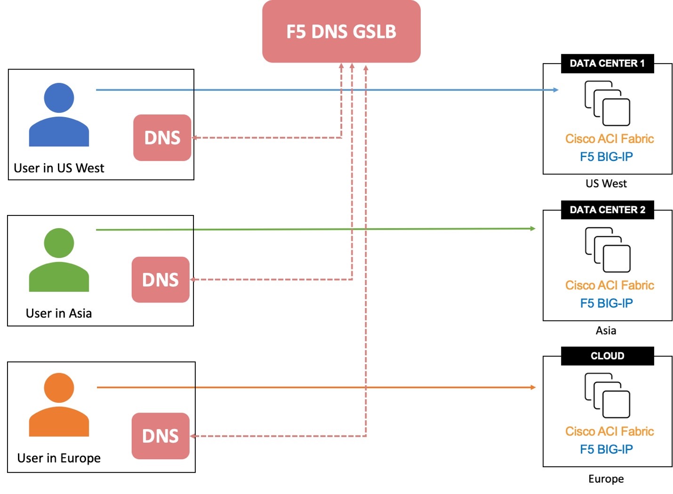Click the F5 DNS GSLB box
pos(341,32)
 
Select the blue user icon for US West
pos(59,115)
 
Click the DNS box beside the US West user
pos(162,138)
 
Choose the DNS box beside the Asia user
pos(160,280)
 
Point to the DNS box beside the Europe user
pos(160,436)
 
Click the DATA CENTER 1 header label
pos(607,64)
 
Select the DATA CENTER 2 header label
pos(607,210)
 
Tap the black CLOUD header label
pos(607,356)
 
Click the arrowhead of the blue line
pos(556,90)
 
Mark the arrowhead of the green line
pos(533,229)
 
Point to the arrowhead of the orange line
pos(533,387)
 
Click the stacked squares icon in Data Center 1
pos(607,104)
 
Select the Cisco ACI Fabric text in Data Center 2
pos(609,285)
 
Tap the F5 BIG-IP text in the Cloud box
pos(606,449)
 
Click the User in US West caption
pos(59,168)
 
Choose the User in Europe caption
pos(59,458)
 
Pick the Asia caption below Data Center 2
pos(606,331)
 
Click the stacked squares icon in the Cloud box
pos(607,396)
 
